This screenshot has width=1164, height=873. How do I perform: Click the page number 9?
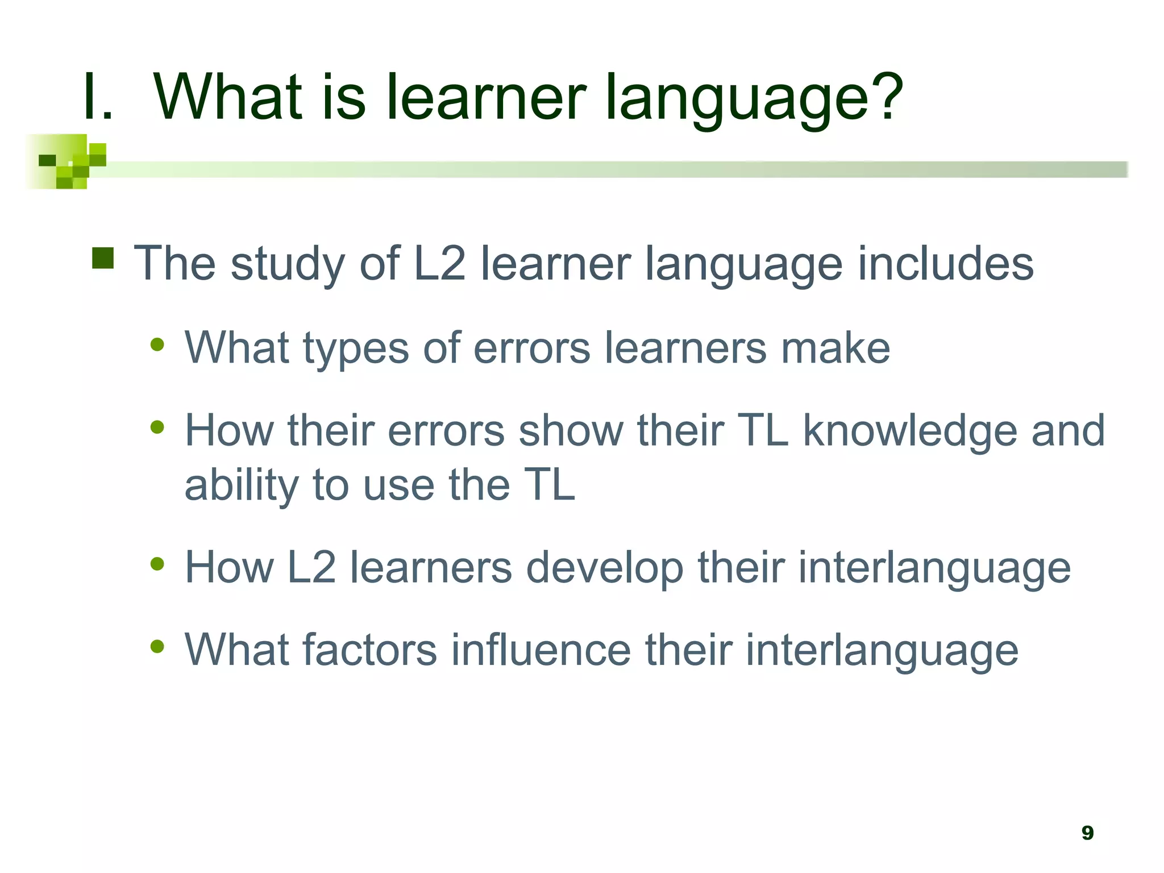coord(1087,833)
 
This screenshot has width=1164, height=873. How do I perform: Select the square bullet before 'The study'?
coord(103,258)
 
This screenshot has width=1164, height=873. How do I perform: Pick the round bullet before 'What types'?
coord(157,344)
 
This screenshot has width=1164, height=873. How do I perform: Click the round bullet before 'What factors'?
coord(157,646)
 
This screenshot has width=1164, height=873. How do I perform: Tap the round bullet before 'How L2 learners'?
coord(157,564)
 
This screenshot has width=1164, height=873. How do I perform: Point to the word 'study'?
coord(288,265)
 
